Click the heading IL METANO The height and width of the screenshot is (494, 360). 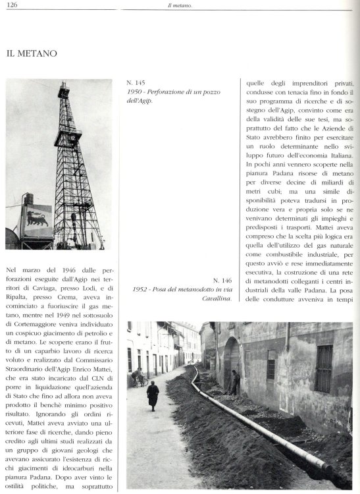[32, 53]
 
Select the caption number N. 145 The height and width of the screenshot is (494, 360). [136, 84]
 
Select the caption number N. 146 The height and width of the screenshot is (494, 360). [220, 279]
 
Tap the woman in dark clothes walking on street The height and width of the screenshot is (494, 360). [153, 395]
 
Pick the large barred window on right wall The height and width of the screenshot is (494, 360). [323, 368]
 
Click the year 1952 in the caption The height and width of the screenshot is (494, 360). [141, 289]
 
